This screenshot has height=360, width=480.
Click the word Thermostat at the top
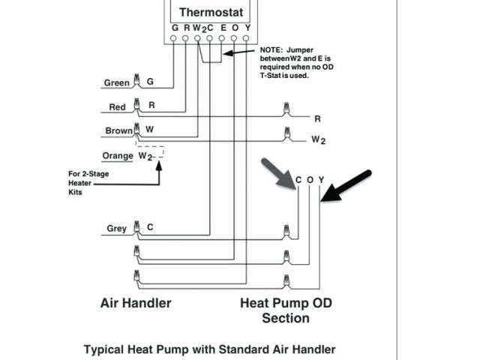(x=211, y=12)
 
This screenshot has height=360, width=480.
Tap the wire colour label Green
(x=116, y=83)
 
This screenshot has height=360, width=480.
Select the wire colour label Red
(x=117, y=107)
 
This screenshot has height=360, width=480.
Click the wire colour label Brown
(x=118, y=131)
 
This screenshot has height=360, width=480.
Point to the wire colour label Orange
(x=118, y=156)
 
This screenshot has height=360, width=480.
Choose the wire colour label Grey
(x=116, y=229)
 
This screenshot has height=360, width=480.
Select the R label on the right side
(x=317, y=118)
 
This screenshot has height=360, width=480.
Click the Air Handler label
(x=136, y=303)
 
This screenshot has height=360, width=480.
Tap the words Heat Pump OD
(x=286, y=303)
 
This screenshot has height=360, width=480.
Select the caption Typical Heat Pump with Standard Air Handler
(x=209, y=349)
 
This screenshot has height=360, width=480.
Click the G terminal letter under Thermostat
(x=175, y=28)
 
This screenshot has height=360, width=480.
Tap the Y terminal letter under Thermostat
(x=247, y=28)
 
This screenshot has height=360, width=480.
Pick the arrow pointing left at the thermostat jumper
(x=239, y=52)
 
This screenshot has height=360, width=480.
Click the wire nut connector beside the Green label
(x=136, y=80)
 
